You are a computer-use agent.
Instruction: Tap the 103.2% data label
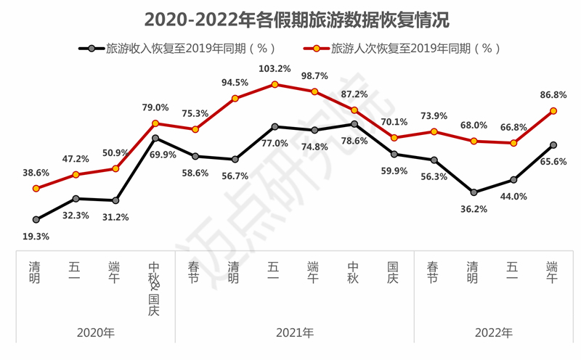click(x=275, y=69)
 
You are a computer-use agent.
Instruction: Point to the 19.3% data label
click(x=36, y=236)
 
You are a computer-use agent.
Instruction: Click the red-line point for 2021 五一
click(x=275, y=84)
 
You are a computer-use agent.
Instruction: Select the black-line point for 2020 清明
click(x=36, y=219)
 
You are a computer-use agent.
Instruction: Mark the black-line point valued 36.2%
click(x=474, y=192)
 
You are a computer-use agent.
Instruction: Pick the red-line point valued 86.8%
click(x=553, y=111)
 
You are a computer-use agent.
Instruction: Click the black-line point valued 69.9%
click(x=155, y=138)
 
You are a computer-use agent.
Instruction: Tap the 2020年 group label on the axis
click(x=96, y=333)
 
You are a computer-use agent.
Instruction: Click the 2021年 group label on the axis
click(x=295, y=333)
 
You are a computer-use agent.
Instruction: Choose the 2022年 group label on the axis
click(x=494, y=333)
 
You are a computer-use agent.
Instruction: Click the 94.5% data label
click(x=235, y=82)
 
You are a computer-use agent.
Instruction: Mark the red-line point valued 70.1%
click(x=394, y=138)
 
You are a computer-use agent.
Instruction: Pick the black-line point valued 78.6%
click(x=354, y=124)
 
